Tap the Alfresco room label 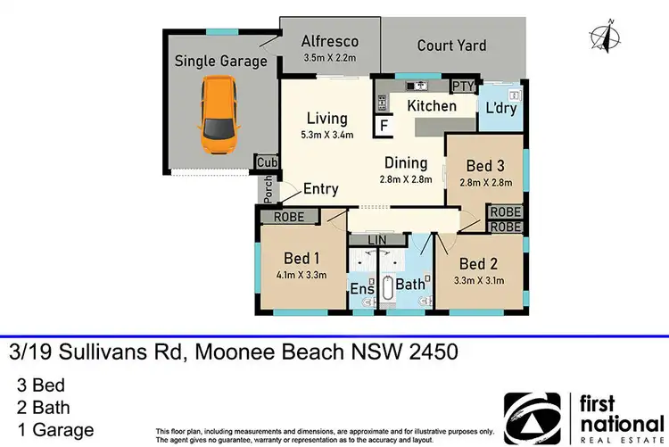[x=329, y=41]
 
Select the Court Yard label [x=451, y=45]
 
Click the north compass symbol [x=606, y=37]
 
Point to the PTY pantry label [x=462, y=87]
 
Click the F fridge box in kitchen [x=384, y=127]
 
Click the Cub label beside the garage [x=267, y=163]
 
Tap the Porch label [x=267, y=188]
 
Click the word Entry [x=321, y=189]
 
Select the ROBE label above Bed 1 [x=289, y=217]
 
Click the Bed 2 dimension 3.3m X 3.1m [x=478, y=280]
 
